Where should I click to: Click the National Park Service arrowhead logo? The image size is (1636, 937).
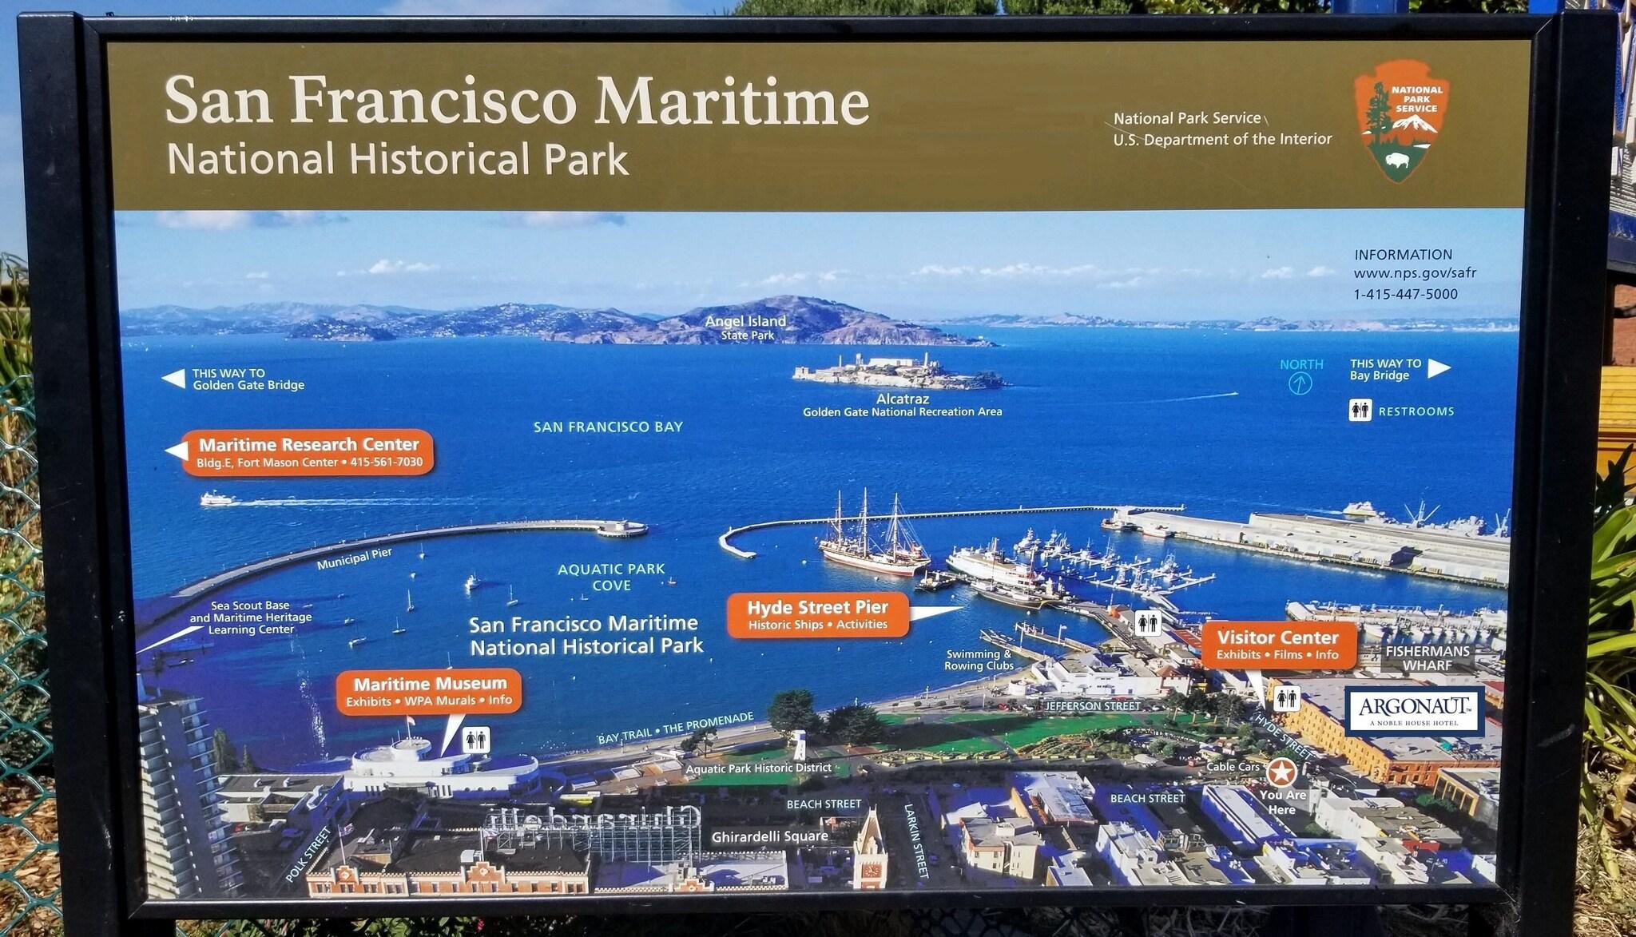point(1402,120)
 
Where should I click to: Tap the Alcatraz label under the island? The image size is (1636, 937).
point(903,399)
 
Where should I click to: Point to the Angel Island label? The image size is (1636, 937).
point(745,321)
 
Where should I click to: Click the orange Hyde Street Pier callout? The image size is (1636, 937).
point(818,614)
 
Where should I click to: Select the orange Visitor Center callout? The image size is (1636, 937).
point(1278,645)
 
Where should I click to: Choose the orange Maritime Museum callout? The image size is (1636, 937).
point(430,691)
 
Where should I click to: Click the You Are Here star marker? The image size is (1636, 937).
point(1282,772)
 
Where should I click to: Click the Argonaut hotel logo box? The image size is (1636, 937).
point(1414,711)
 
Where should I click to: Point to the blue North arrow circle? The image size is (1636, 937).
point(1300,384)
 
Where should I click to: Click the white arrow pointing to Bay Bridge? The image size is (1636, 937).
point(1439,368)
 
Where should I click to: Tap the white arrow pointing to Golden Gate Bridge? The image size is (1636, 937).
point(173,379)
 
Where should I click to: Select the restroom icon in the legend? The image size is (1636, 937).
point(1360,411)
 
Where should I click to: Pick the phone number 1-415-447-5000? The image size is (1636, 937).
point(1405,294)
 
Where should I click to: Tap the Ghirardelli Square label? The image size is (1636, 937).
point(770,836)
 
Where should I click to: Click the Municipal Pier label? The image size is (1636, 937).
point(354,559)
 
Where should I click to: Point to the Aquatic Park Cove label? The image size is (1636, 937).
point(611,577)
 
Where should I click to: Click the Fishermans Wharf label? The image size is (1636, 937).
point(1428,658)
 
